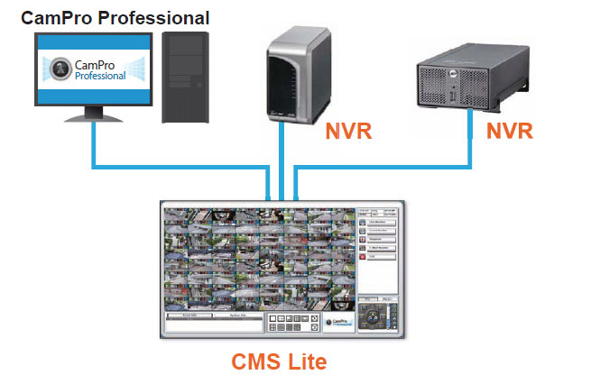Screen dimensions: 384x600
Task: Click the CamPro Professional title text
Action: click(115, 17)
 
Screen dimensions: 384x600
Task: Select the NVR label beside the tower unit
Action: click(347, 131)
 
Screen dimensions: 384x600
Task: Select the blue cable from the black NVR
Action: click(388, 167)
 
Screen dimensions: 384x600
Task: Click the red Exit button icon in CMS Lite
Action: click(363, 258)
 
